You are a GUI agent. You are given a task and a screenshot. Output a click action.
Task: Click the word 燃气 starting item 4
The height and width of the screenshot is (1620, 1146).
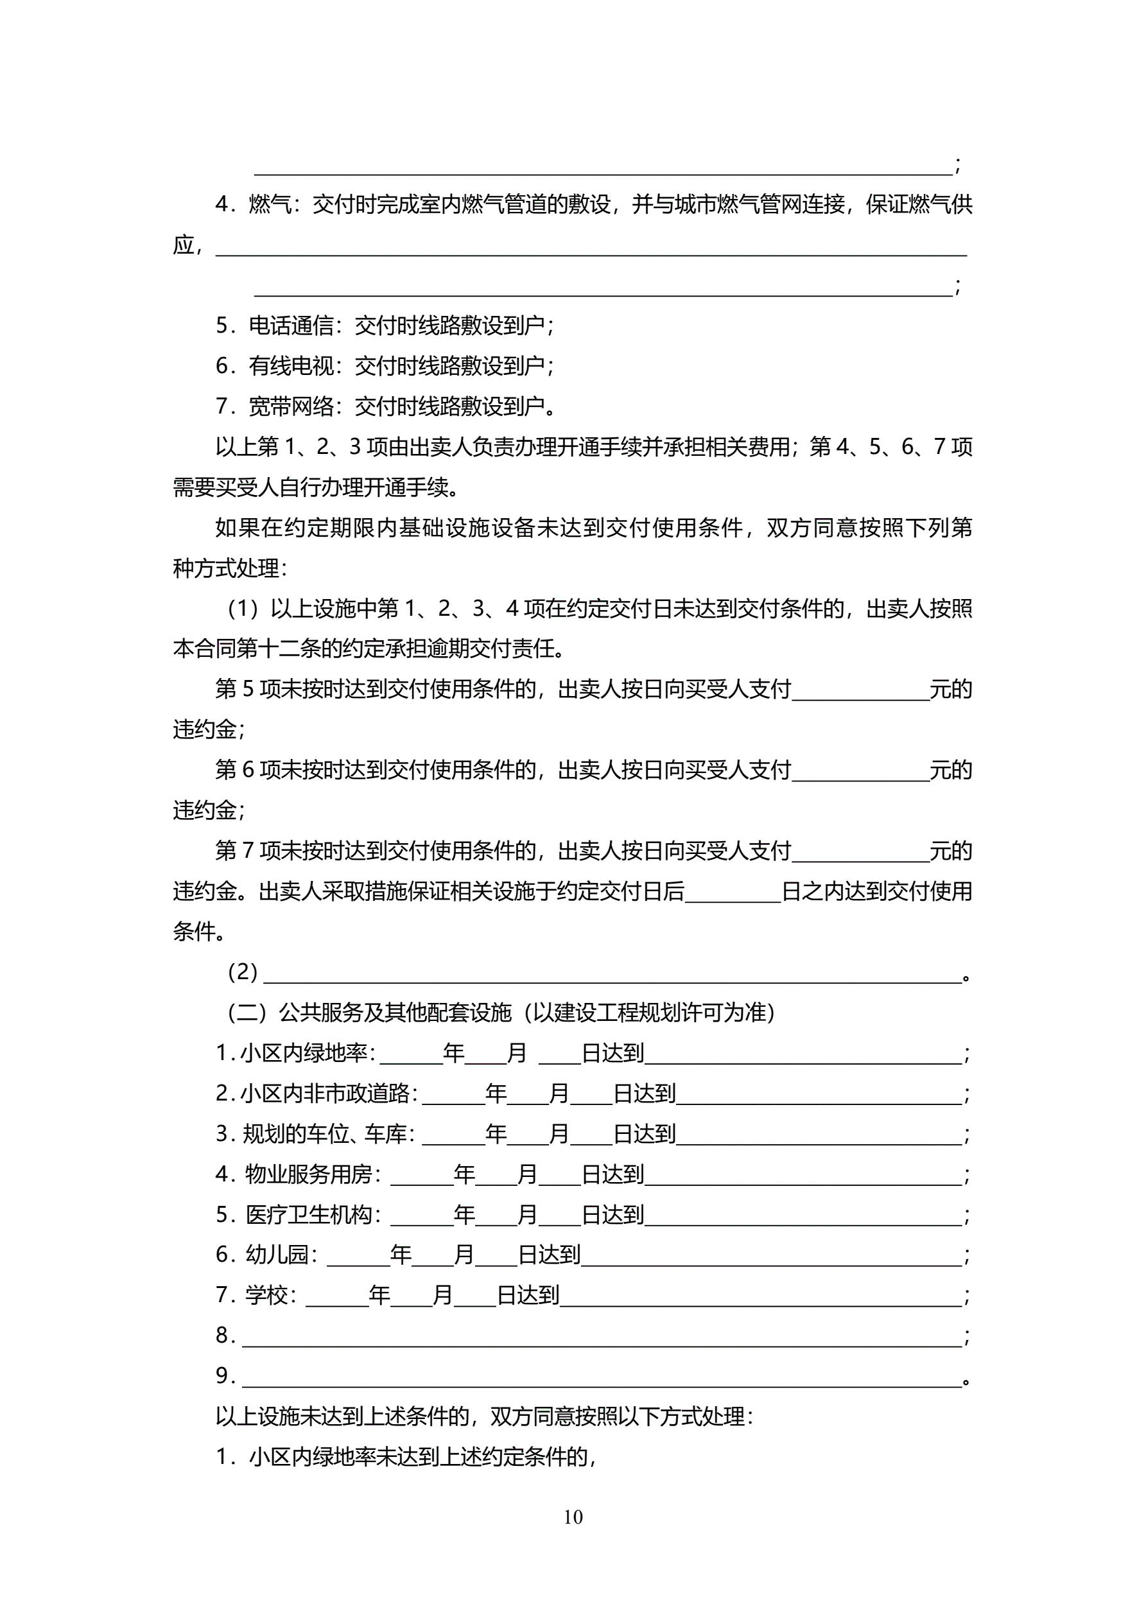click(x=270, y=205)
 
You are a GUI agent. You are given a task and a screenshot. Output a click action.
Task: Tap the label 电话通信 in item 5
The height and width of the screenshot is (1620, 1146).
click(x=291, y=326)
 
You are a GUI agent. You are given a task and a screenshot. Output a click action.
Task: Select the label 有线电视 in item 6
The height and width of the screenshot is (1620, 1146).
click(x=291, y=365)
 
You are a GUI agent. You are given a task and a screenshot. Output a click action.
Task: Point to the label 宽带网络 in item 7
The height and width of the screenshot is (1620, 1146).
click(x=291, y=406)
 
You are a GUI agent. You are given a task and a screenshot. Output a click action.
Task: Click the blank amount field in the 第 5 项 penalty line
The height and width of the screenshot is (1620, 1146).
click(x=860, y=690)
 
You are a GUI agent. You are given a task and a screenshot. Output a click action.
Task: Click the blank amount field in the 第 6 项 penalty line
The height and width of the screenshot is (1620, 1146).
click(x=860, y=771)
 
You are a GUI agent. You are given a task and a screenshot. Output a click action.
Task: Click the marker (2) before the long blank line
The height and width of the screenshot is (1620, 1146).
click(x=242, y=972)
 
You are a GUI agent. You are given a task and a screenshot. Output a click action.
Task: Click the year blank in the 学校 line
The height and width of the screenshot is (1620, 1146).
click(x=336, y=1296)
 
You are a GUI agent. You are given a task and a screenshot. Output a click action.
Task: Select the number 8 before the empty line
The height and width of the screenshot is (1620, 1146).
click(x=222, y=1335)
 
